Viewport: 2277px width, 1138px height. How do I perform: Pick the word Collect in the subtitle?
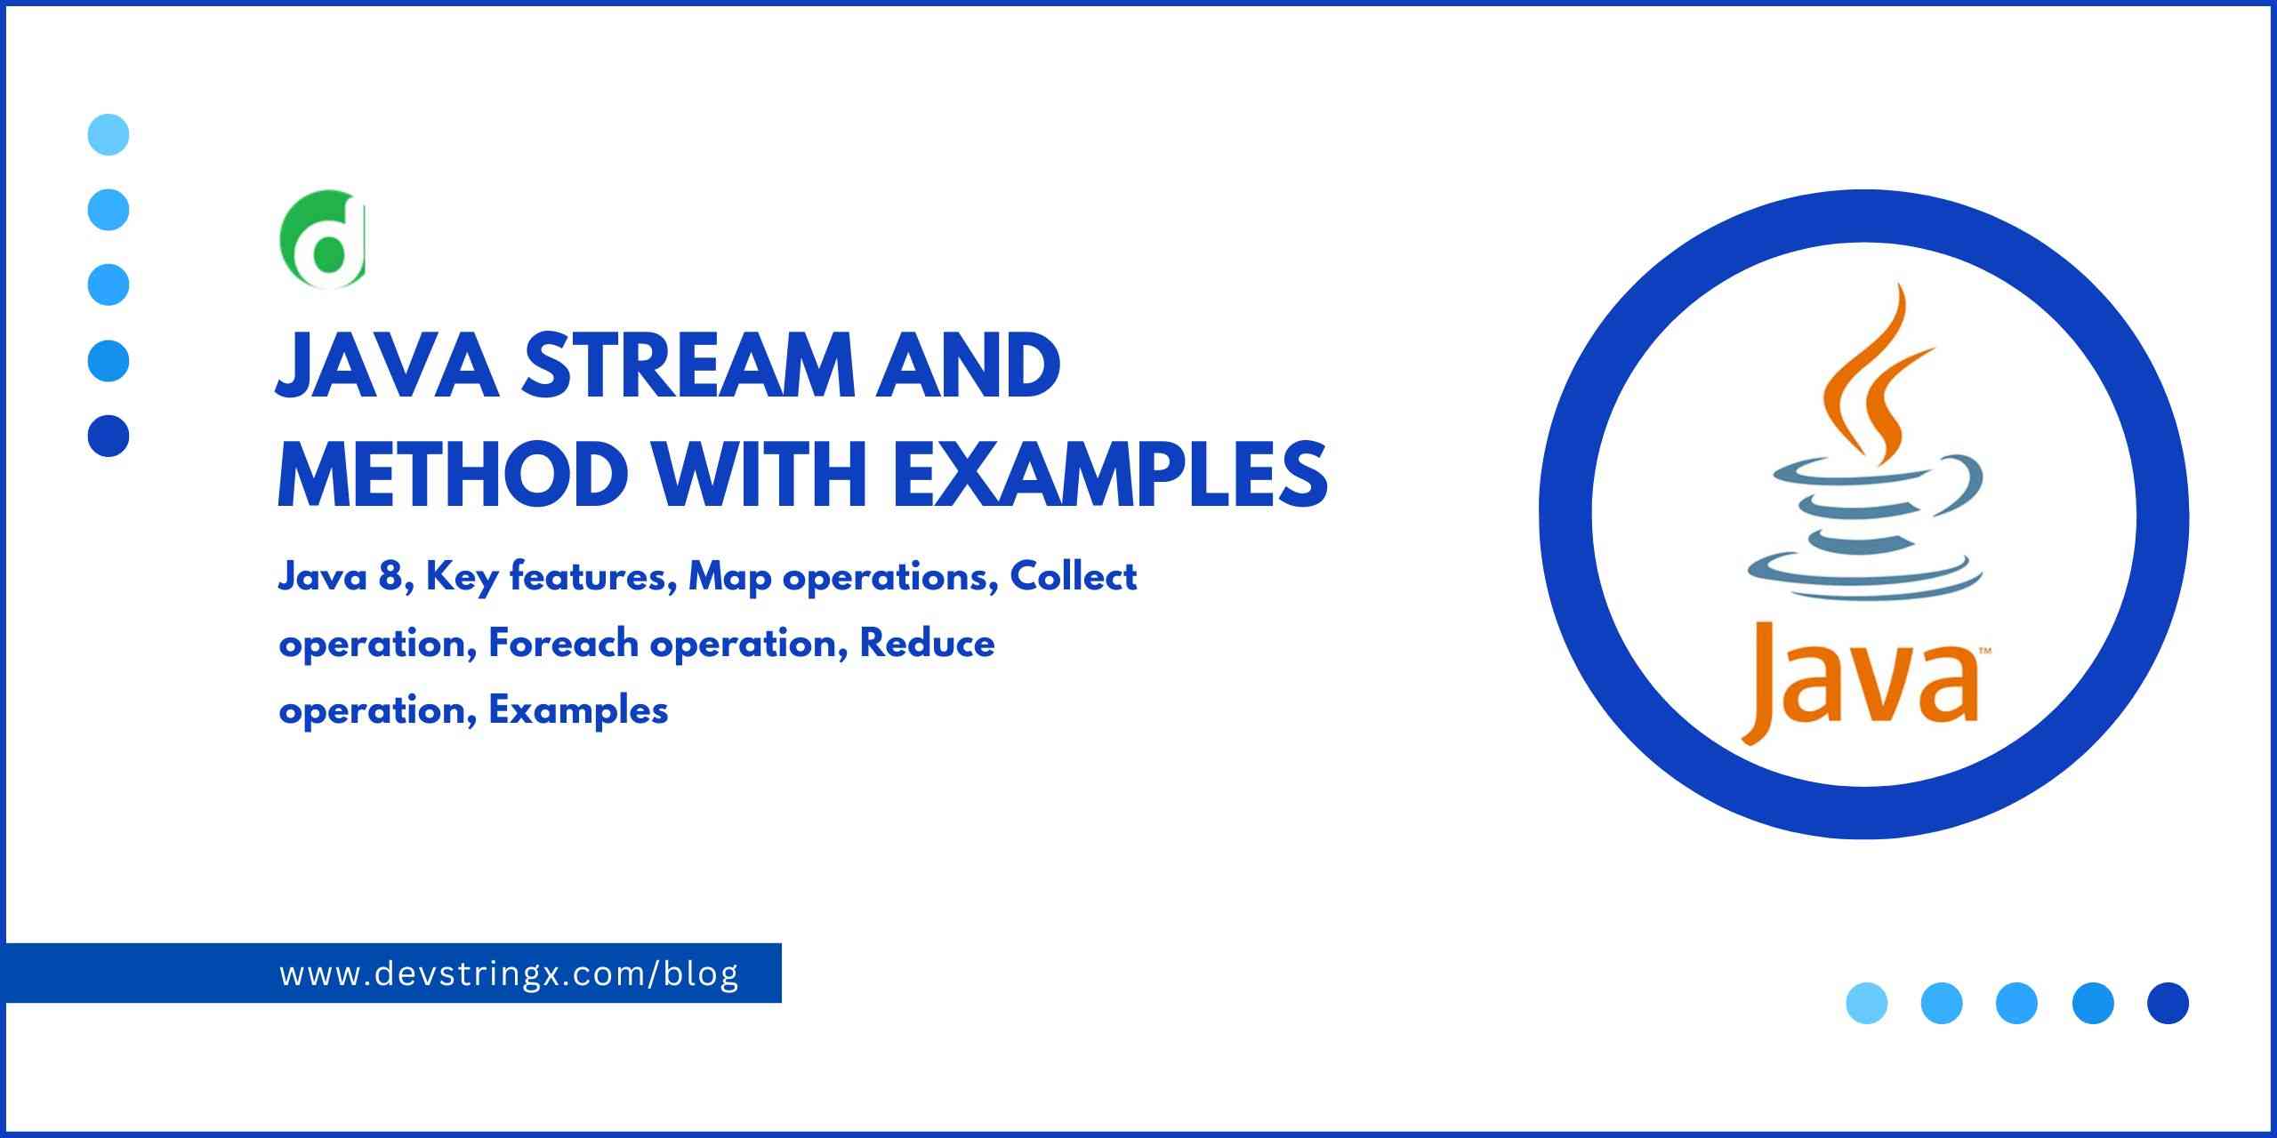pyautogui.click(x=1074, y=578)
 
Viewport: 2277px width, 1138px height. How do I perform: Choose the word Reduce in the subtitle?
pyautogui.click(x=926, y=644)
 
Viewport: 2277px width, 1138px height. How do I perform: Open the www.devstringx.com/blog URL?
pyautogui.click(x=509, y=974)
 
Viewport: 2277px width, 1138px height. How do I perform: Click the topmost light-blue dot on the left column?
pyautogui.click(x=109, y=135)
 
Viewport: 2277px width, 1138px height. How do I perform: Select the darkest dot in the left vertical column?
pyautogui.click(x=109, y=436)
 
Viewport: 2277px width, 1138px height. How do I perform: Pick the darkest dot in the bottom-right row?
pyautogui.click(x=2168, y=1003)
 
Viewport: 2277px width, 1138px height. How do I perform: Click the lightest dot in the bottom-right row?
pyautogui.click(x=1867, y=1003)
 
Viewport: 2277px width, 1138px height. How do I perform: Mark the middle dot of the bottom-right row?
pyautogui.click(x=2016, y=1003)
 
